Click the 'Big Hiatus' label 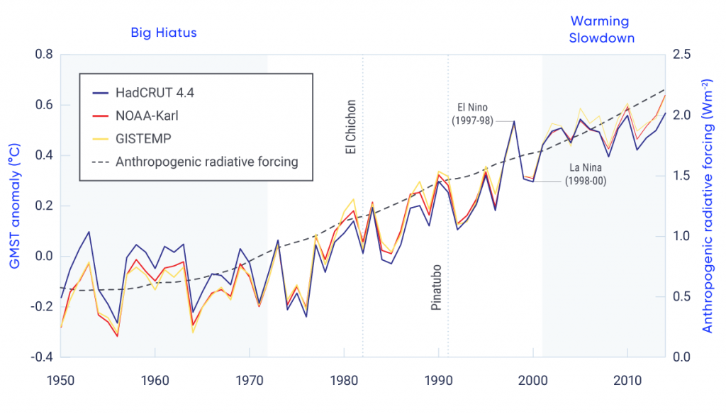[163, 33]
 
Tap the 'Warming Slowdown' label [602, 30]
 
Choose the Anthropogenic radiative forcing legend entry [206, 161]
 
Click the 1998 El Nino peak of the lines [513, 121]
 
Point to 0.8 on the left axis [44, 55]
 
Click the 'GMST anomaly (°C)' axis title [14, 206]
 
